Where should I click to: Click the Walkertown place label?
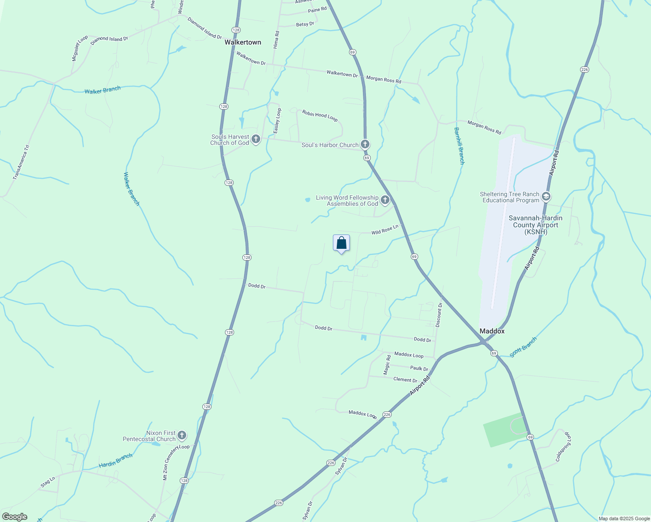tap(243, 42)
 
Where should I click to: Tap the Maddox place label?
tap(492, 331)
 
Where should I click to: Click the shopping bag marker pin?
tap(341, 243)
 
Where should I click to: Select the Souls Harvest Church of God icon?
tap(256, 139)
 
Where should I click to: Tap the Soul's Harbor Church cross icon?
tap(365, 144)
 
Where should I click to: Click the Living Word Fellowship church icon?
tap(385, 200)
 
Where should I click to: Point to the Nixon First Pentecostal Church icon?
tap(182, 435)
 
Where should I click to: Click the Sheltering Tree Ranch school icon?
tap(546, 197)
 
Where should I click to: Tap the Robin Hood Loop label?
tap(320, 116)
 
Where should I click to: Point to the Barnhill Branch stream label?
tap(459, 146)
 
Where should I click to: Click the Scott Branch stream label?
tap(523, 347)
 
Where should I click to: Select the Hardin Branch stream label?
tap(115, 461)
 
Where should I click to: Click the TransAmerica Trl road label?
tap(21, 162)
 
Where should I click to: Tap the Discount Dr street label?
tap(439, 315)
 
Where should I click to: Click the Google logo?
tap(14, 517)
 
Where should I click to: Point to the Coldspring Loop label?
tap(563, 447)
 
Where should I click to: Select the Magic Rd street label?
tap(387, 365)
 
